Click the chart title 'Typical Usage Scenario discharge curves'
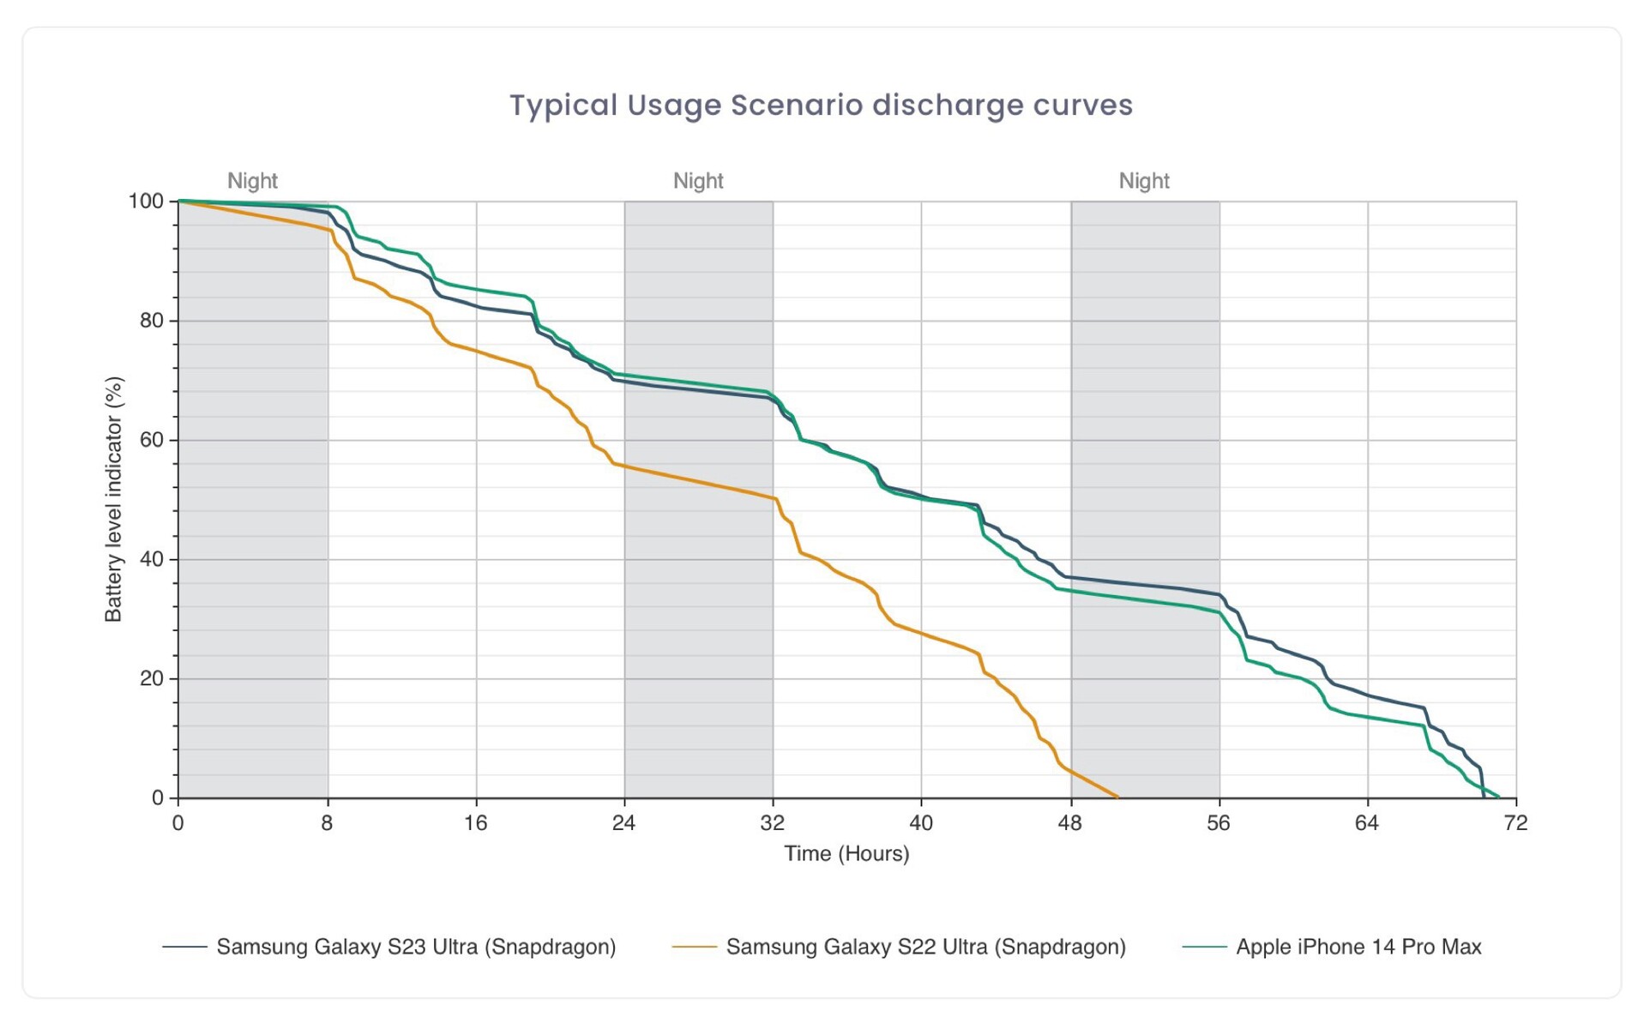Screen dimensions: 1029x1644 821,105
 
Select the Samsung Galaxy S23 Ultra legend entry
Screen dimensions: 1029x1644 416,947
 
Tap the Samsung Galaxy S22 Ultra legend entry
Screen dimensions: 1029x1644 925,947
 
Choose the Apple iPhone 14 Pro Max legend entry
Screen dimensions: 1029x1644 1358,947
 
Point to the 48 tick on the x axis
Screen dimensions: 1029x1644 1069,823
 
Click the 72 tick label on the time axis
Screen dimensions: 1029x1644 1515,823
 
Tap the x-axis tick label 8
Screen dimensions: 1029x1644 327,823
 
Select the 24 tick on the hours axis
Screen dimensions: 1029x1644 623,823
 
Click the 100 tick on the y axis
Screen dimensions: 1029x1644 146,202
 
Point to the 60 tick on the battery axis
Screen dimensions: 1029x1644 151,440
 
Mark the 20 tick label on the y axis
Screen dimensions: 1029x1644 151,678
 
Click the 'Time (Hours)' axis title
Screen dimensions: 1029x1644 846,854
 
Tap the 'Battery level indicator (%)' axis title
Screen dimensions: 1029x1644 113,499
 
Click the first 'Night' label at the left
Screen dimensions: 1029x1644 252,181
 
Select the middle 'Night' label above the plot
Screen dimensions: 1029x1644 698,181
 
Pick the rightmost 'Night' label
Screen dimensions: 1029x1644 1144,181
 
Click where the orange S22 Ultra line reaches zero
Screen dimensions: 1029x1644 1117,797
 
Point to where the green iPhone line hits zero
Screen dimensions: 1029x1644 1498,797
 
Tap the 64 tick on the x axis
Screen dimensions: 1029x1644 1366,823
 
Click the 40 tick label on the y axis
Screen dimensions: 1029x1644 151,559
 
